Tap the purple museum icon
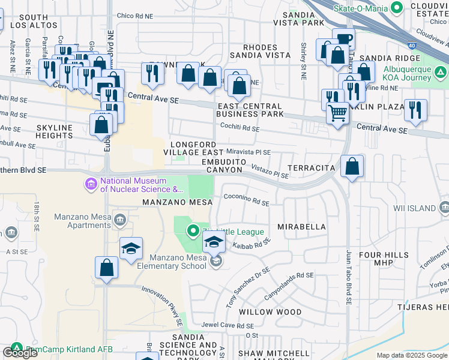(x=91, y=183)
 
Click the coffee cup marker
(x=345, y=40)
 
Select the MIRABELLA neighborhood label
(x=301, y=227)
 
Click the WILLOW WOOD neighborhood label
(x=270, y=312)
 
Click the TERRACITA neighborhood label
(x=310, y=168)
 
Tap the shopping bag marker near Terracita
(x=352, y=166)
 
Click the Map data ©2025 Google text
(x=411, y=355)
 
